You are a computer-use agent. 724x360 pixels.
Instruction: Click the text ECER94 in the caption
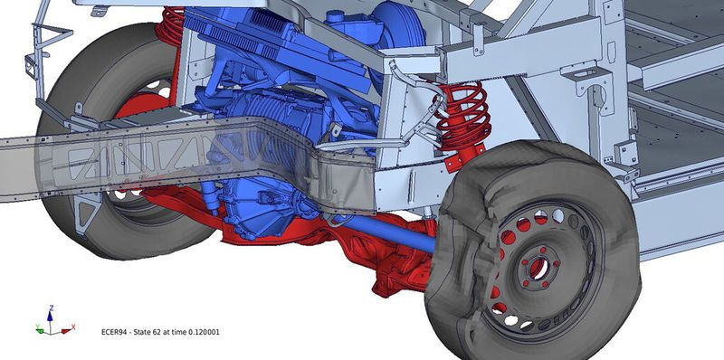pyautogui.click(x=113, y=332)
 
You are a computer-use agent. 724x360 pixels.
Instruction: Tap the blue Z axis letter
pyautogui.click(x=52, y=308)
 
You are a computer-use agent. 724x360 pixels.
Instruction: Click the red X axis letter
pyautogui.click(x=73, y=327)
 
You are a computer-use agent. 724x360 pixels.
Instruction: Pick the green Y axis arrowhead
pyautogui.click(x=40, y=329)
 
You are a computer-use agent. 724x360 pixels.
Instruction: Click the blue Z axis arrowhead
pyautogui.click(x=50, y=317)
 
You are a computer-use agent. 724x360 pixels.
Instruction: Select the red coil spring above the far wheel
pyautogui.click(x=170, y=25)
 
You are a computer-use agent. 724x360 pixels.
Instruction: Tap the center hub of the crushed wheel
pyautogui.click(x=538, y=268)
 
